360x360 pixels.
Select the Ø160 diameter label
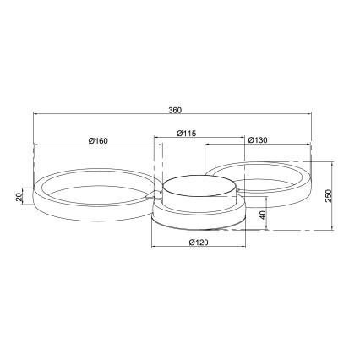[x=96, y=139]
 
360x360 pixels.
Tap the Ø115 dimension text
[x=187, y=132]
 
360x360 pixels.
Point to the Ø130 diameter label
[x=259, y=139]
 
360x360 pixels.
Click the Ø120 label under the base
[x=199, y=243]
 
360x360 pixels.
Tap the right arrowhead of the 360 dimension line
[x=314, y=117]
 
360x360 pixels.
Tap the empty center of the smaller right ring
[x=264, y=181]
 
